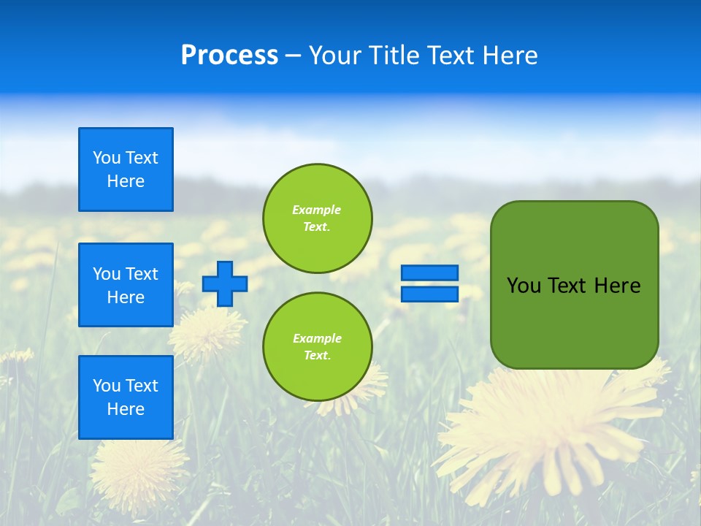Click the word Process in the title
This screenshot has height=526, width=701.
click(229, 56)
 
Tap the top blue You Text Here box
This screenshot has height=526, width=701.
click(126, 169)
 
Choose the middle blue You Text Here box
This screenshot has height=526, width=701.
click(126, 285)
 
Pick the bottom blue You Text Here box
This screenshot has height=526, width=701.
click(126, 397)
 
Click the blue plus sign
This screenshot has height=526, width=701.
click(225, 283)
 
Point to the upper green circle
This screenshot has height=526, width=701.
click(317, 218)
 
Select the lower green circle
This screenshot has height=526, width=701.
click(317, 346)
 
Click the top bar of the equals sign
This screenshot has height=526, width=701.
click(430, 273)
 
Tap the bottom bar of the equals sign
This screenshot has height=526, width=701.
click(430, 294)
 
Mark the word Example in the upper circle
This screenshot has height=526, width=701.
click(317, 210)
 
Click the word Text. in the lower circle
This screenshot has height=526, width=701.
click(317, 356)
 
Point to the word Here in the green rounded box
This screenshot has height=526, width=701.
click(617, 286)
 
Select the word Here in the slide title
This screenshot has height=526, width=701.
click(510, 56)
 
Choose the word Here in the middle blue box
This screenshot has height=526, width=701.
click(126, 297)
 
